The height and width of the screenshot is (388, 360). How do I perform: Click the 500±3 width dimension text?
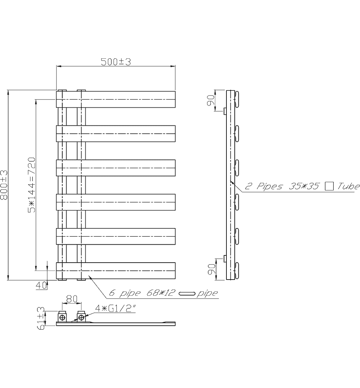point(115,62)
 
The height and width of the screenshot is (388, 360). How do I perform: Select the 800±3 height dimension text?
point(4,186)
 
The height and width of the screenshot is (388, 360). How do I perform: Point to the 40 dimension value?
point(41,285)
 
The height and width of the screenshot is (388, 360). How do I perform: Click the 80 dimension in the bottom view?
point(72,299)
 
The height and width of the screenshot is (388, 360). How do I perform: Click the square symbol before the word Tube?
point(329,186)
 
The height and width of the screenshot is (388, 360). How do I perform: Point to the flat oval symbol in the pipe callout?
point(187,294)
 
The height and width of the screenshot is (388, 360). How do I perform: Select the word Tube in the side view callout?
point(348,186)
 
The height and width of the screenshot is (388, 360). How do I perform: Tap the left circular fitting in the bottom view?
point(63,318)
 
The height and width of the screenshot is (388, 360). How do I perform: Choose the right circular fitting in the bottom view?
point(82,318)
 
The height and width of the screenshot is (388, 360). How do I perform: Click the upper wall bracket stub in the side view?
point(224,112)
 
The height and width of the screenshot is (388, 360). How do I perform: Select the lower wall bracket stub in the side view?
point(224,258)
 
